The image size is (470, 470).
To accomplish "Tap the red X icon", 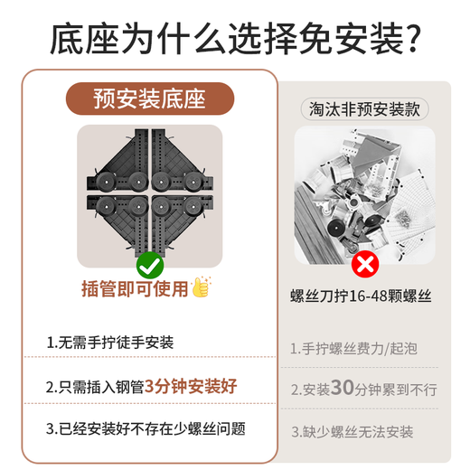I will pyautogui.click(x=364, y=265).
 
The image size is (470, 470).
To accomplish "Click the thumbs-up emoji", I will pyautogui.click(x=201, y=288).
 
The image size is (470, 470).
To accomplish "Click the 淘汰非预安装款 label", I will pyautogui.click(x=364, y=109).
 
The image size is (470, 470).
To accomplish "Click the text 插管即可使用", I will pyautogui.click(x=135, y=289).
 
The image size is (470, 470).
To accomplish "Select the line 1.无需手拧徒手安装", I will pyautogui.click(x=110, y=343).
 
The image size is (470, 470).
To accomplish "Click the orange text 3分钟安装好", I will pyautogui.click(x=191, y=386).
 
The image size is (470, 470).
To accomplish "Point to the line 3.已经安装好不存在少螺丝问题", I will pyautogui.click(x=146, y=428).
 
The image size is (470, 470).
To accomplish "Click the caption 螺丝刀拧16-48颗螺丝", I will pyautogui.click(x=365, y=296).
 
